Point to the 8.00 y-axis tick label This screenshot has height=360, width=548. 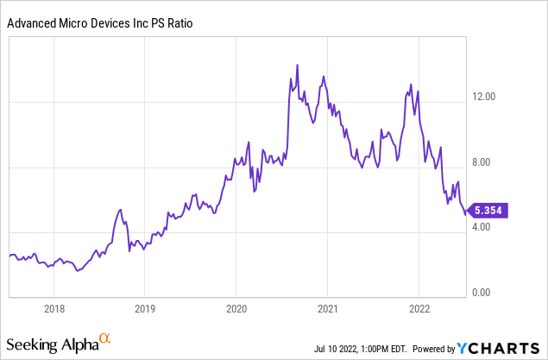488,162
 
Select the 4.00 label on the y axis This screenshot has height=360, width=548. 488,227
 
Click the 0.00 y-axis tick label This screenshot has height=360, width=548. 488,293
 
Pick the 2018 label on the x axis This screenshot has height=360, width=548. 54,309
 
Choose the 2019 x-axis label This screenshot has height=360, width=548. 145,309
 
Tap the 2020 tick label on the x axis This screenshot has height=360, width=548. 236,309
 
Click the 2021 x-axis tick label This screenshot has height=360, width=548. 328,309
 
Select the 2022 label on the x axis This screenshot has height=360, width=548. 419,309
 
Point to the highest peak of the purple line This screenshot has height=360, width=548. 297,65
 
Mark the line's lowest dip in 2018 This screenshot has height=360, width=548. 78,270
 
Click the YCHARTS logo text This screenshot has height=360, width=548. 501,348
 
